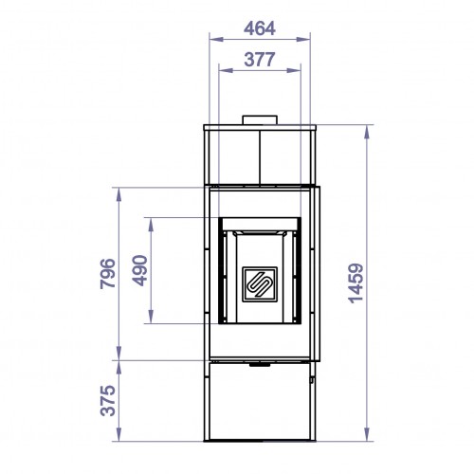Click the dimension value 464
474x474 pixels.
259,27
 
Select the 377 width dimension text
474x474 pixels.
259,59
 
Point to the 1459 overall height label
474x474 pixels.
355,283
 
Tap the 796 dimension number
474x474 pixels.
106,274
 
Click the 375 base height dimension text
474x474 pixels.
106,401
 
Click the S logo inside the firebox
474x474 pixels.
259,283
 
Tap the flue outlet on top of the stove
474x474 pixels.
259,120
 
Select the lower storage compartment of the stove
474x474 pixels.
259,403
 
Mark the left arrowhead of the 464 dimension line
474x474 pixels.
210,39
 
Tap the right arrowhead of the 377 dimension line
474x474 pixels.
299,69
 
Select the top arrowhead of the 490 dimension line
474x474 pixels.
151,220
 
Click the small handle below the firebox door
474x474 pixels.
259,362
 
